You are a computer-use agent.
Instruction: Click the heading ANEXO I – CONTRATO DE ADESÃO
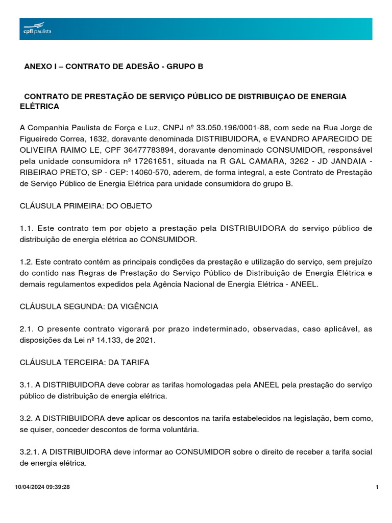click(113, 67)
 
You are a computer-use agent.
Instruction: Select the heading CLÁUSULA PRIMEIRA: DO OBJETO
click(86, 206)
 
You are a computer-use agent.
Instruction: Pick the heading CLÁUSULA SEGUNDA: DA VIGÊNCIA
click(89, 306)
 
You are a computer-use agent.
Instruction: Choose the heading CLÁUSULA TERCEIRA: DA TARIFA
click(84, 363)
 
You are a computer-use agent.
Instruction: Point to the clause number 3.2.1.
click(29, 452)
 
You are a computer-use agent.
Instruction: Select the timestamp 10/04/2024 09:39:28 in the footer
click(42, 487)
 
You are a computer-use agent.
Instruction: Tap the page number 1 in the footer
click(377, 487)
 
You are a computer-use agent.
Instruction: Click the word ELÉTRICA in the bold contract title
click(39, 106)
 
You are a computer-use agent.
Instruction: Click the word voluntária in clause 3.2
click(180, 430)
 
